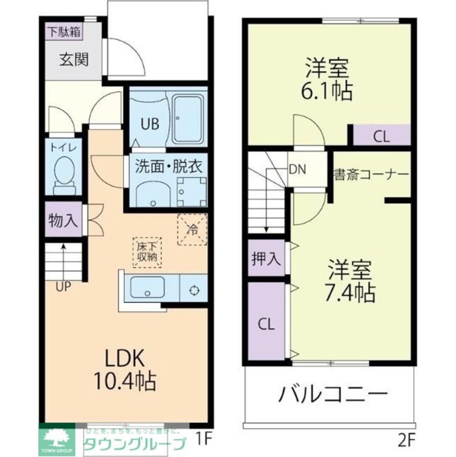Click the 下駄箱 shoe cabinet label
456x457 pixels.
tap(64, 32)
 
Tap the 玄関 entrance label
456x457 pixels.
tap(73, 59)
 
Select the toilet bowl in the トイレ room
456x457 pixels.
tap(63, 171)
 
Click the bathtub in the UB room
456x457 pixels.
tap(188, 120)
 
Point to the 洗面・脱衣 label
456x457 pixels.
tap(168, 167)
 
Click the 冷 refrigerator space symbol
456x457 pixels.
tap(192, 229)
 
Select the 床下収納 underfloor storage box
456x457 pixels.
tap(147, 252)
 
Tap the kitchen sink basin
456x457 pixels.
tap(147, 287)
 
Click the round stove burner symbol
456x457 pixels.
tap(194, 289)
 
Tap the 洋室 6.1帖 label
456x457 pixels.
tap(327, 80)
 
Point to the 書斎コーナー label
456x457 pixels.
tap(370, 175)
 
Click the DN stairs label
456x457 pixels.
tap(298, 169)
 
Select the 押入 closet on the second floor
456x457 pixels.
tap(266, 259)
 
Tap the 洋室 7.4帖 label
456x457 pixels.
tap(350, 281)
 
